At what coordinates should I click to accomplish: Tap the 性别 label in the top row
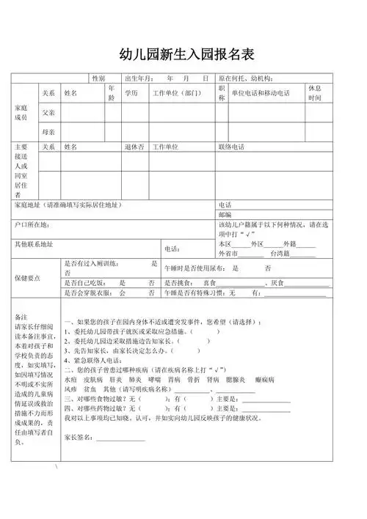pyautogui.click(x=98, y=78)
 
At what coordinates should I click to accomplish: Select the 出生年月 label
pyautogui.click(x=139, y=78)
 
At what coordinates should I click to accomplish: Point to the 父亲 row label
pyautogui.click(x=49, y=112)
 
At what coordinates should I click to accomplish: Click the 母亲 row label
pyautogui.click(x=49, y=132)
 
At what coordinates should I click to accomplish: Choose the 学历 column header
pyautogui.click(x=131, y=93)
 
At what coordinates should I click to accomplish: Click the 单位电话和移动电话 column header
pyautogui.click(x=261, y=93)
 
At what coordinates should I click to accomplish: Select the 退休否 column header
pyautogui.click(x=134, y=147)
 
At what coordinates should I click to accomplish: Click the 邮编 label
pyautogui.click(x=225, y=215)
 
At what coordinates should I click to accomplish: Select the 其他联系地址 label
pyautogui.click(x=34, y=243)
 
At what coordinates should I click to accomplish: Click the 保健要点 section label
pyautogui.click(x=28, y=279)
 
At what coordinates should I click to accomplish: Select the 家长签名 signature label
pyautogui.click(x=79, y=438)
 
